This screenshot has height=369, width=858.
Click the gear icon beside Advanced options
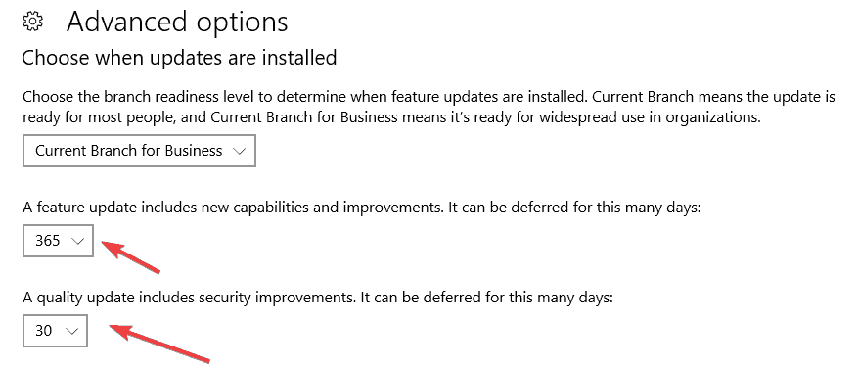point(33,22)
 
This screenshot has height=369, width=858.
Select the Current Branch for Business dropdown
point(139,151)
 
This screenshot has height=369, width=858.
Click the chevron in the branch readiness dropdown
point(239,151)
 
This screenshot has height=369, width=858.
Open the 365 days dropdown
point(58,241)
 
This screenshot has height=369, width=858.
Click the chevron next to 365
point(77,241)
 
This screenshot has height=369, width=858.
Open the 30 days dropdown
point(55,331)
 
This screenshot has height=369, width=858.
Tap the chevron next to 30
point(71,331)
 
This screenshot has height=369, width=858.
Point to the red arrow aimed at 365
point(131,256)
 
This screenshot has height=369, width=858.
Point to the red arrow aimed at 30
point(159,343)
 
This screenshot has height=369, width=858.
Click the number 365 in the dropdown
point(48,241)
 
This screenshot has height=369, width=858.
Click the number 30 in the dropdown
point(44,331)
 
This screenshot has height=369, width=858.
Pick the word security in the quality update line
point(230,299)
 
